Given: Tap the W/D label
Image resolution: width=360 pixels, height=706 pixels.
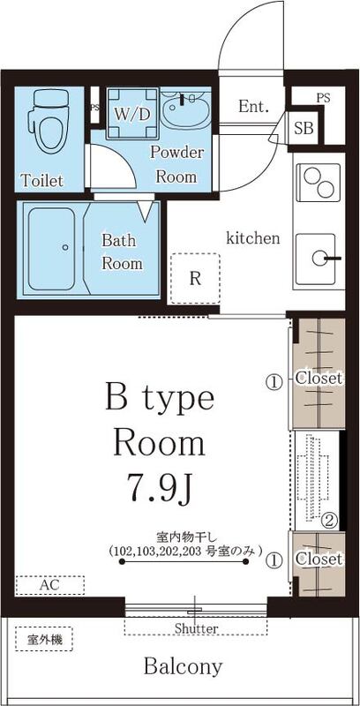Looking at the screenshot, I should (x=131, y=114).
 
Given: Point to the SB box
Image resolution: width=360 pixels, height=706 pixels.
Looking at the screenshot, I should (x=304, y=128).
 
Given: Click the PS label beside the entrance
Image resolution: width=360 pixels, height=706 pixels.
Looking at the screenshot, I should (x=324, y=97).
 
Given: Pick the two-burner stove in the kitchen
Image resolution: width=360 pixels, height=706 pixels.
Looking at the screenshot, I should (x=315, y=184).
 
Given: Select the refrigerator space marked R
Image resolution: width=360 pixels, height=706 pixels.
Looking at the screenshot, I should (x=195, y=278).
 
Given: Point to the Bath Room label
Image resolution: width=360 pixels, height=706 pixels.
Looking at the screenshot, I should (x=122, y=252).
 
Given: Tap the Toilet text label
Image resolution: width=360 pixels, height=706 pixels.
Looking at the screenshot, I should (x=42, y=182).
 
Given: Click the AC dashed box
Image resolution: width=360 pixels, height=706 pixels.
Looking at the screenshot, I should (x=50, y=585).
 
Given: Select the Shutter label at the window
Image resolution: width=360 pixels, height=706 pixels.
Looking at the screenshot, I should (x=196, y=628).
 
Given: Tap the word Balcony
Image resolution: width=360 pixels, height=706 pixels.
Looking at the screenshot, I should (x=184, y=666).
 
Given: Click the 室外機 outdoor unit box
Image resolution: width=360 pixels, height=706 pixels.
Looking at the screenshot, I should (x=38, y=639).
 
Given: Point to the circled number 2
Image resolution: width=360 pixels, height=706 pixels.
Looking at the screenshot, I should (x=328, y=519).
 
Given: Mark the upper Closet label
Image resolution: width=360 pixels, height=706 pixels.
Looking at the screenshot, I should (x=319, y=379).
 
